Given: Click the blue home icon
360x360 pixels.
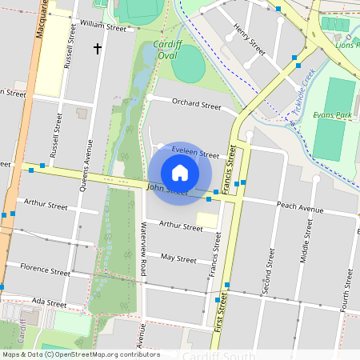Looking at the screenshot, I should (x=180, y=173).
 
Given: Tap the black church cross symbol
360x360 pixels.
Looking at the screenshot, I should (x=98, y=49).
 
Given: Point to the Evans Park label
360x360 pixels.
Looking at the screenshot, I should (x=334, y=116).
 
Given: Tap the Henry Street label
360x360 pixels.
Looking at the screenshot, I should (x=249, y=38).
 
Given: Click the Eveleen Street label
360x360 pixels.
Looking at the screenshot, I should (x=194, y=153).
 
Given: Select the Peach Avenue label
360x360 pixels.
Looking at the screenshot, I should (x=299, y=208).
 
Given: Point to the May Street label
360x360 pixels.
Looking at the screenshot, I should (x=178, y=258).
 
